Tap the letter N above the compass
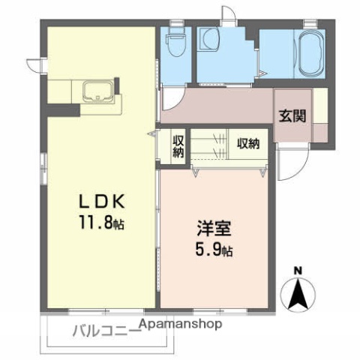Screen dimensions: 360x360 (298, 270)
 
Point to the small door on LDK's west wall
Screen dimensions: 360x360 (34, 64)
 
